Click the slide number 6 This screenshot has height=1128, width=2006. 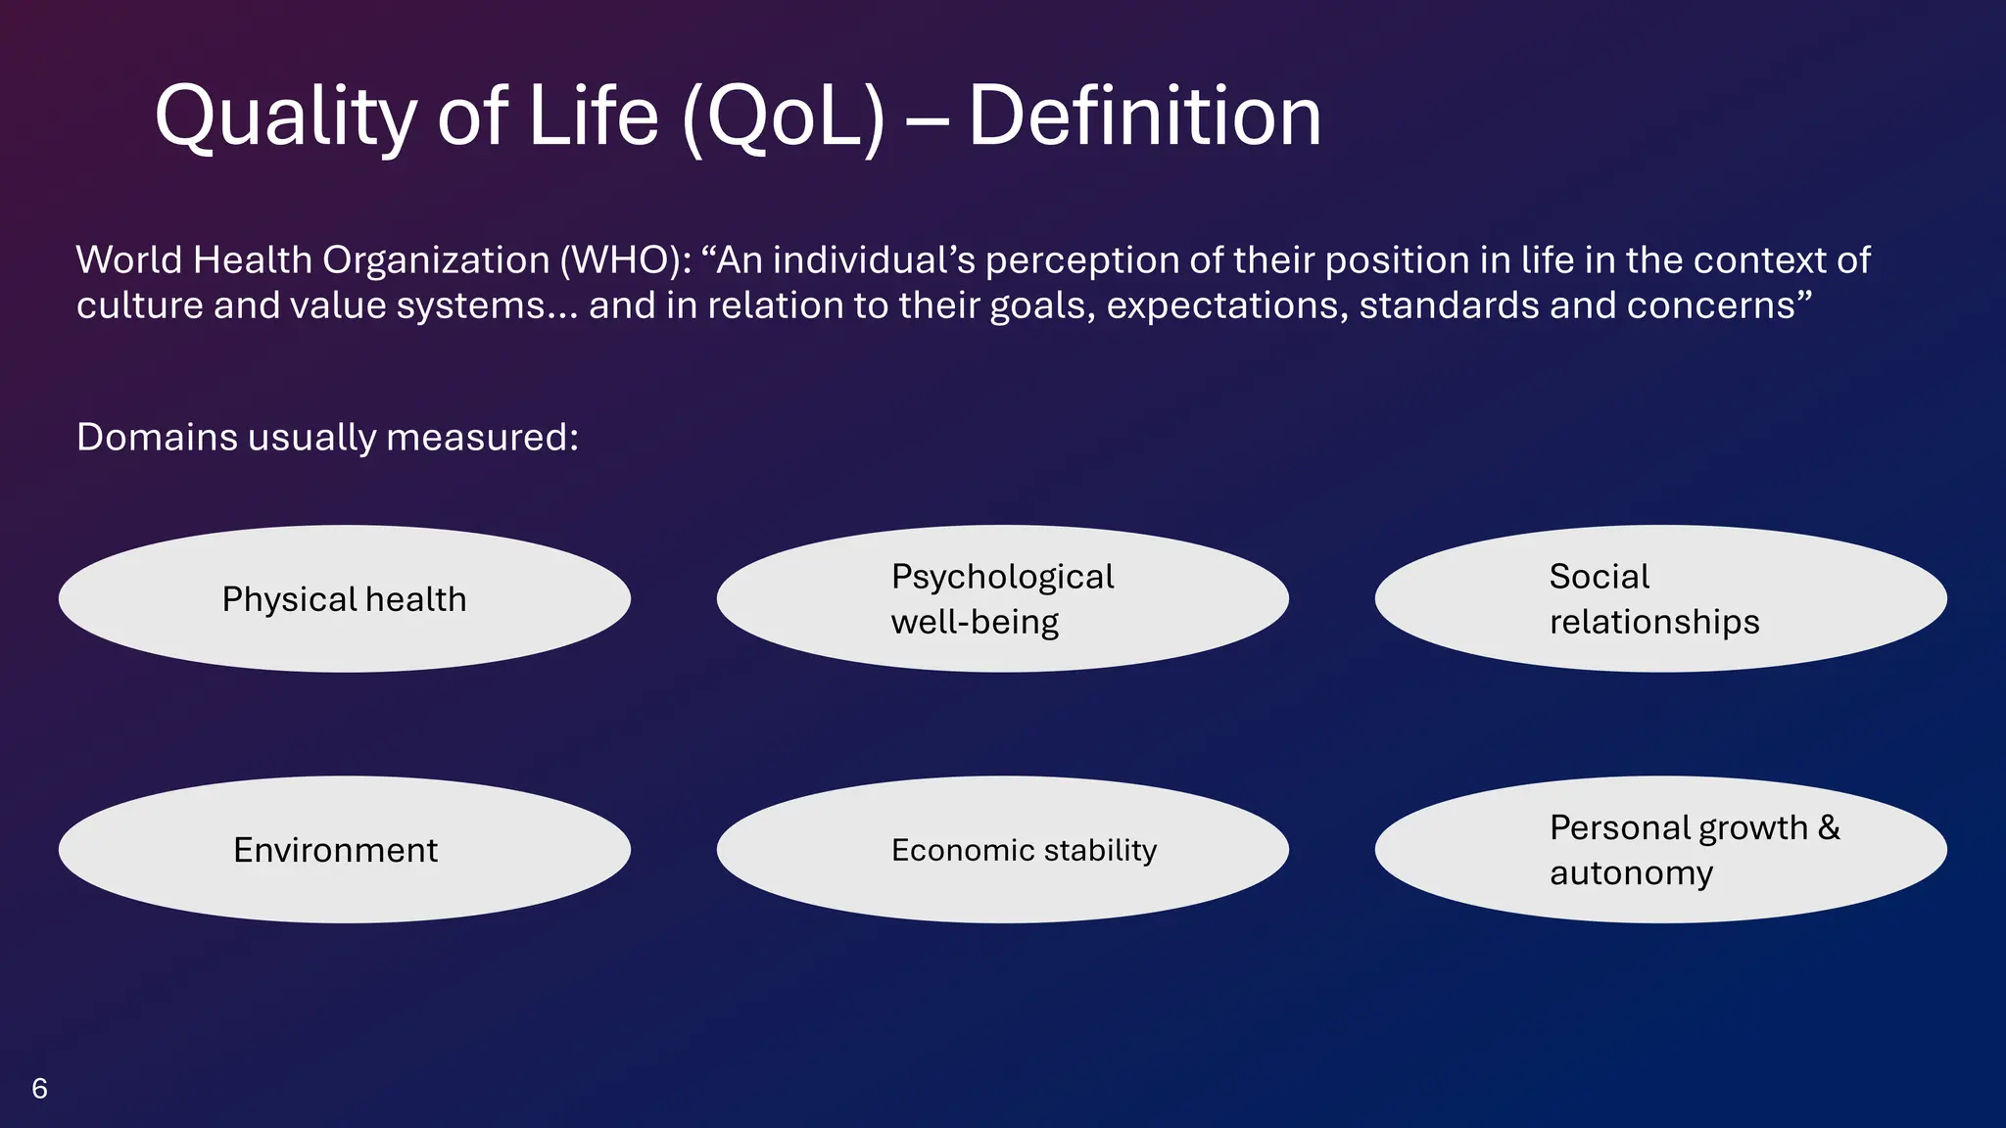39,1088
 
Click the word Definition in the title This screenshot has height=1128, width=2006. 1144,117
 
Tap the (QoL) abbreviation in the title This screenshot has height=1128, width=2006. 783,117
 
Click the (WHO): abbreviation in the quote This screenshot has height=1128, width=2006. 626,260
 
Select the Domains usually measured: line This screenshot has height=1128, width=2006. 327,437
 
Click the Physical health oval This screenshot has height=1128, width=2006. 344,598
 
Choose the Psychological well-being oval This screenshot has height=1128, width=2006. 1002,598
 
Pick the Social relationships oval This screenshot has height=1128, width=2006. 1660,598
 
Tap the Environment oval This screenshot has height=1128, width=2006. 344,849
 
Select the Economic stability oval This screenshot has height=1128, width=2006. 1002,849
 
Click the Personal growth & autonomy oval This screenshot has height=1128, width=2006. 1660,849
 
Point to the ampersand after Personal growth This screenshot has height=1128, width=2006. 1829,827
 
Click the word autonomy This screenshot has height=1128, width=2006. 1631,872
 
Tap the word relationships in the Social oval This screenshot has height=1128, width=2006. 1654,622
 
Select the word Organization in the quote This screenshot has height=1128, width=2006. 436,260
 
